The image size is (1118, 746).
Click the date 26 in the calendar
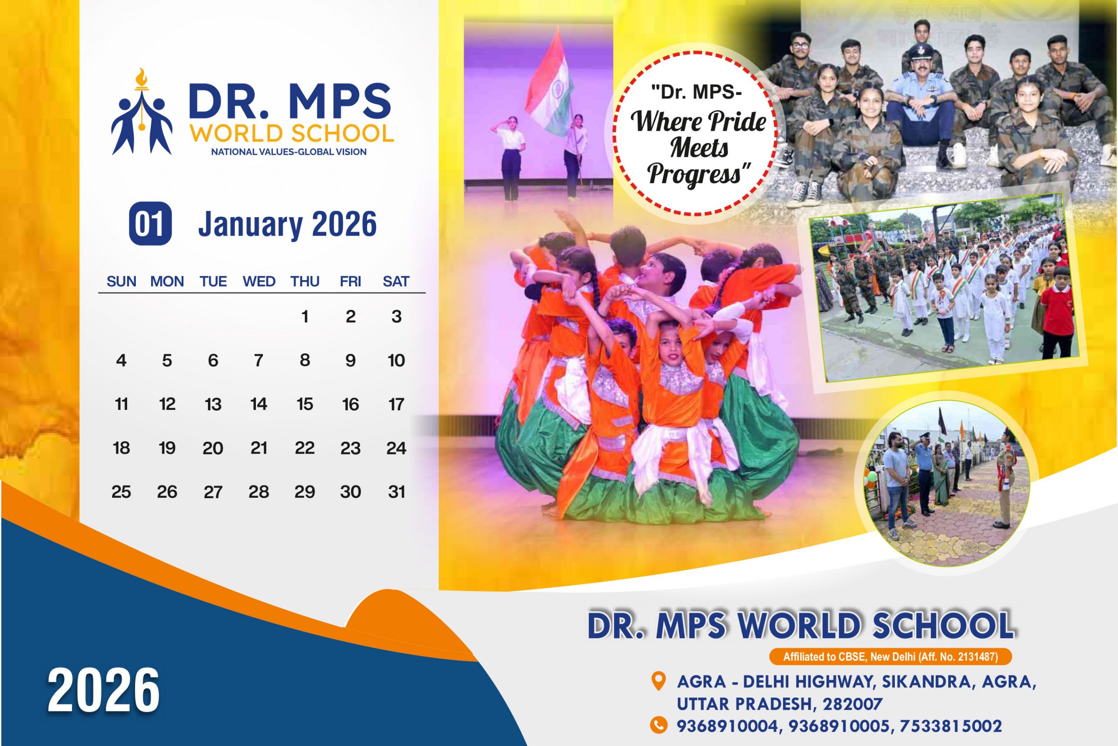pyautogui.click(x=167, y=492)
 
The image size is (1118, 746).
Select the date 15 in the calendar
pyautogui.click(x=305, y=404)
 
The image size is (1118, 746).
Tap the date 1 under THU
pyautogui.click(x=305, y=316)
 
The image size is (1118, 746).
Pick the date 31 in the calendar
pyautogui.click(x=397, y=492)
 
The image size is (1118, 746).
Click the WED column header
pyautogui.click(x=259, y=281)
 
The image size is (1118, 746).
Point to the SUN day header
pyautogui.click(x=121, y=281)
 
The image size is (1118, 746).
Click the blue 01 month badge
pyautogui.click(x=150, y=224)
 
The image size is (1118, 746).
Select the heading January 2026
pyautogui.click(x=287, y=224)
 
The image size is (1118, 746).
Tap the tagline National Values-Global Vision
pyautogui.click(x=289, y=152)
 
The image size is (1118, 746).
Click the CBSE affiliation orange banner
pyautogui.click(x=890, y=657)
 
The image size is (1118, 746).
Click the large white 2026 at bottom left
pyautogui.click(x=104, y=690)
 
